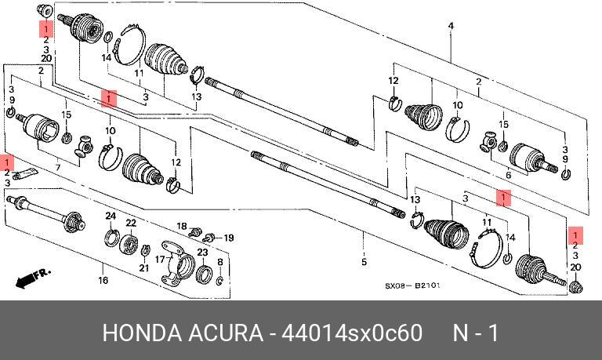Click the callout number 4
[451, 26]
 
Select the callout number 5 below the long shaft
[364, 262]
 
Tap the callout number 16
[103, 281]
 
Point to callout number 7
[58, 168]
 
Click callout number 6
[508, 175]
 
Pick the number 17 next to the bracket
[160, 260]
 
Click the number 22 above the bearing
[132, 223]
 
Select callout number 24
[111, 216]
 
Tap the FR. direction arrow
[32, 278]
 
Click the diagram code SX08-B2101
[412, 285]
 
